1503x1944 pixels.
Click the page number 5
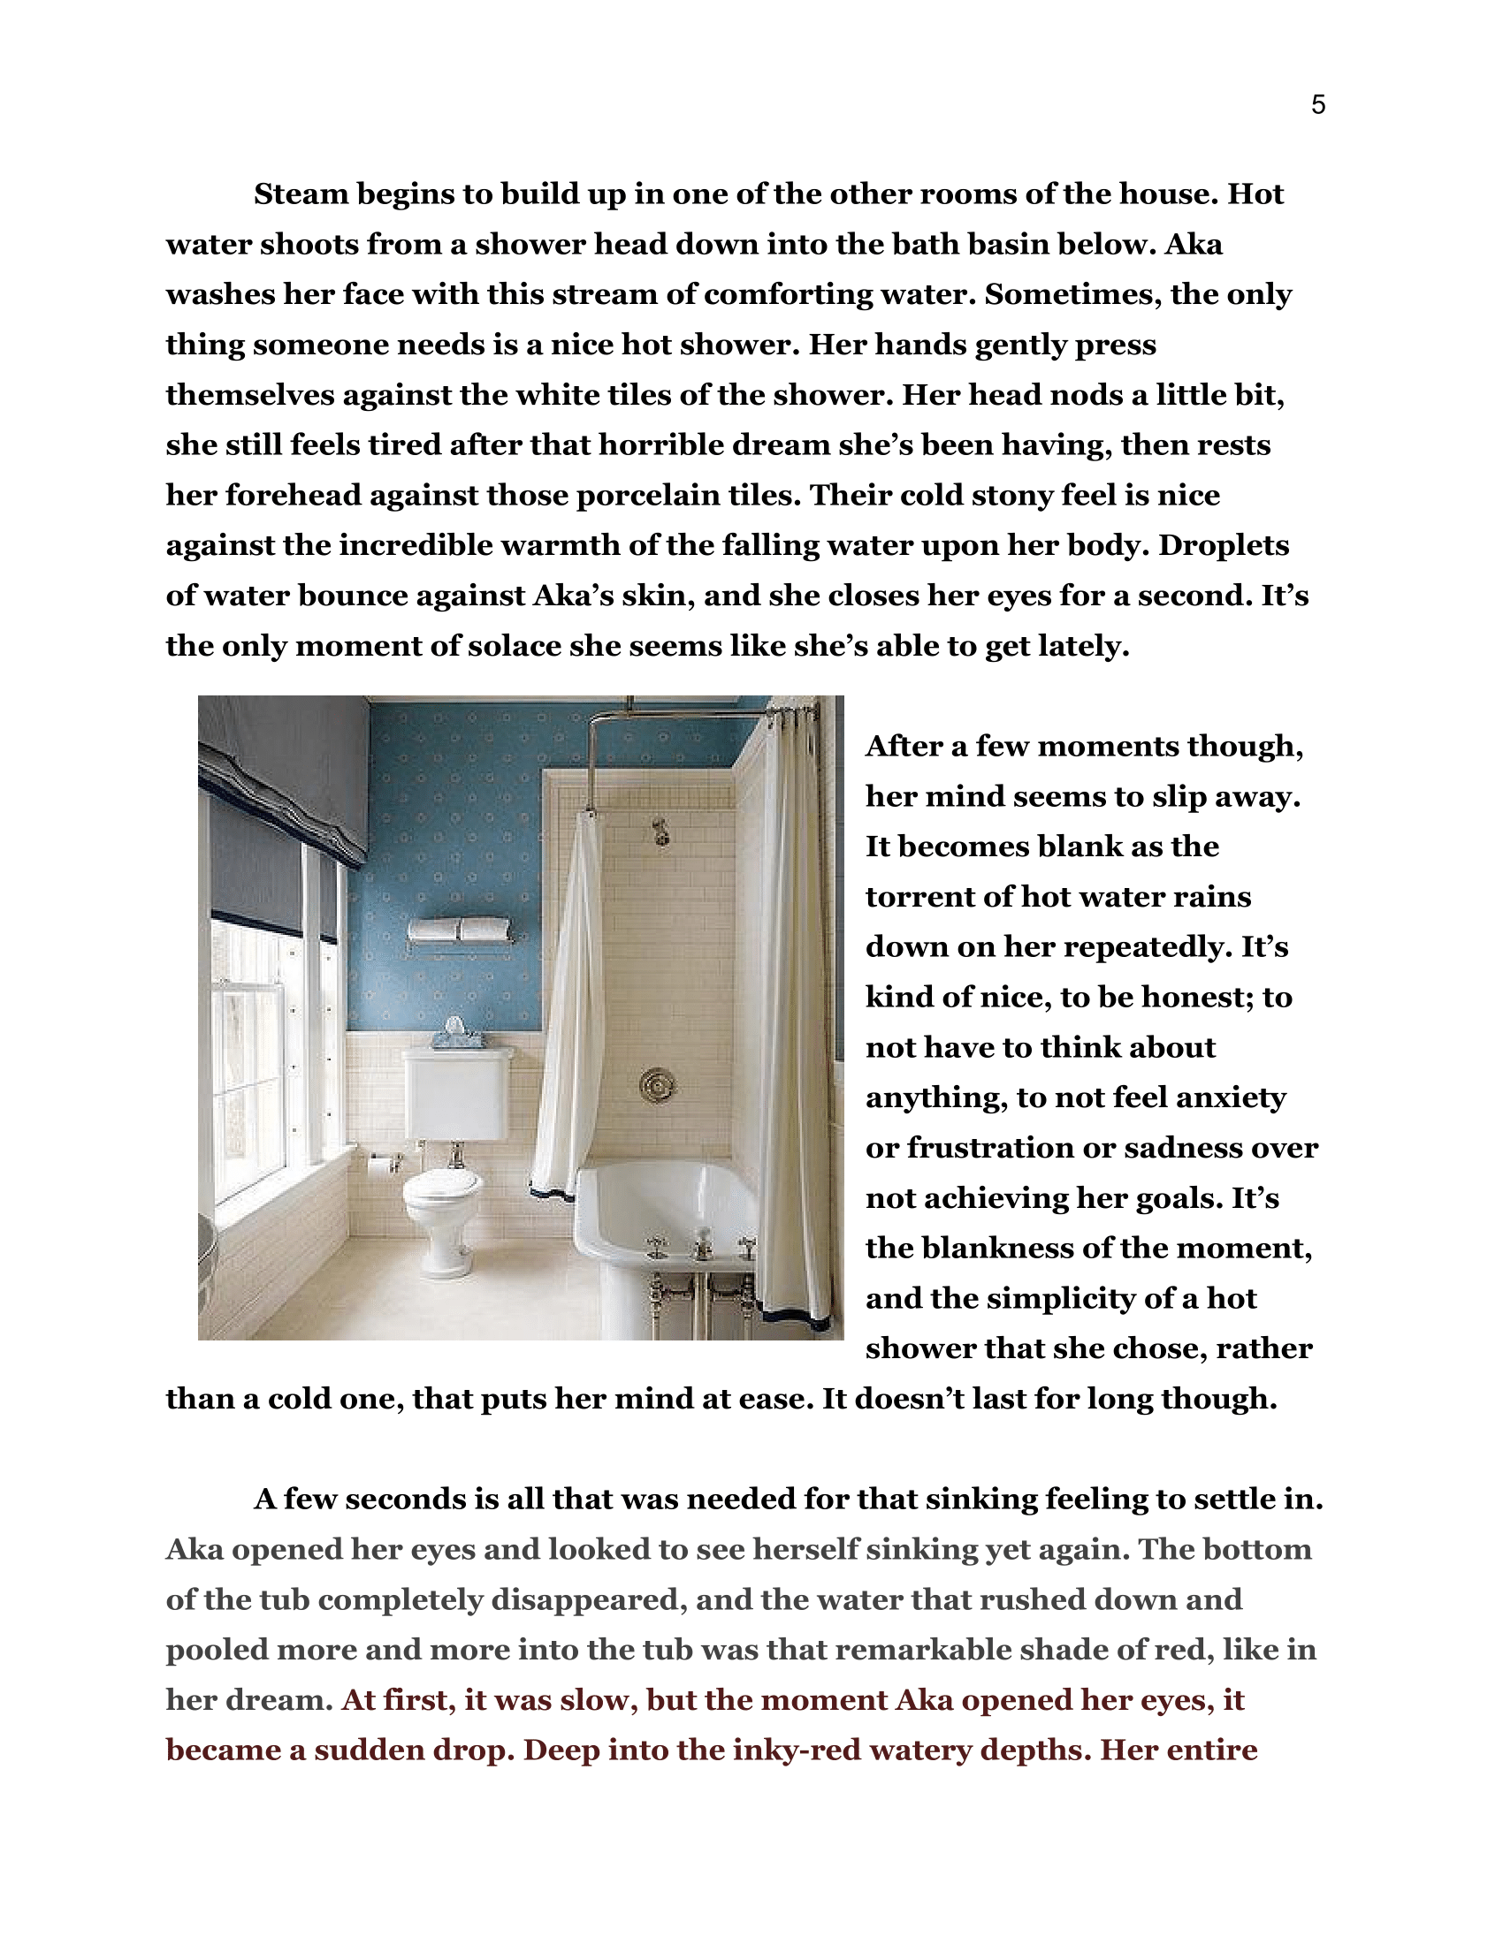[x=1318, y=105]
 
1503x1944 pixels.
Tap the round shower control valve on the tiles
[x=657, y=1084]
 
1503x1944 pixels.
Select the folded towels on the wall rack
[x=459, y=930]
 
